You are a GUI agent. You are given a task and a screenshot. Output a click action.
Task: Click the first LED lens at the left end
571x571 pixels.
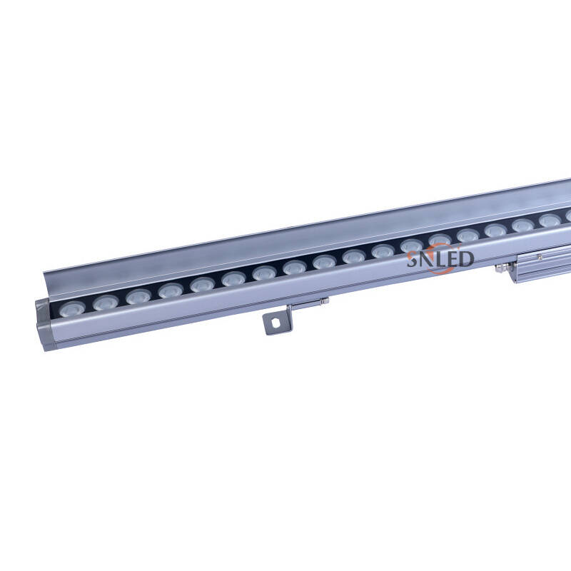pyautogui.click(x=73, y=308)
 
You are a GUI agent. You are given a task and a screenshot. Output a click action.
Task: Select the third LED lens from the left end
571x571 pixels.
pyautogui.click(x=138, y=296)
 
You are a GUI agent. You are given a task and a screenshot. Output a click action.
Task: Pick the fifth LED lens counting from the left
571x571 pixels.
pyautogui.click(x=202, y=284)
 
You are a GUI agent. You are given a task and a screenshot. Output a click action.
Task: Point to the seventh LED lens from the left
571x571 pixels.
pyautogui.click(x=265, y=273)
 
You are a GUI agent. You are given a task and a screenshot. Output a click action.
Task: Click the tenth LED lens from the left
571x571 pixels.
pyautogui.click(x=353, y=256)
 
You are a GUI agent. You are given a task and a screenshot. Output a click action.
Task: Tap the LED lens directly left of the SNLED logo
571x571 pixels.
pyautogui.click(x=383, y=251)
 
